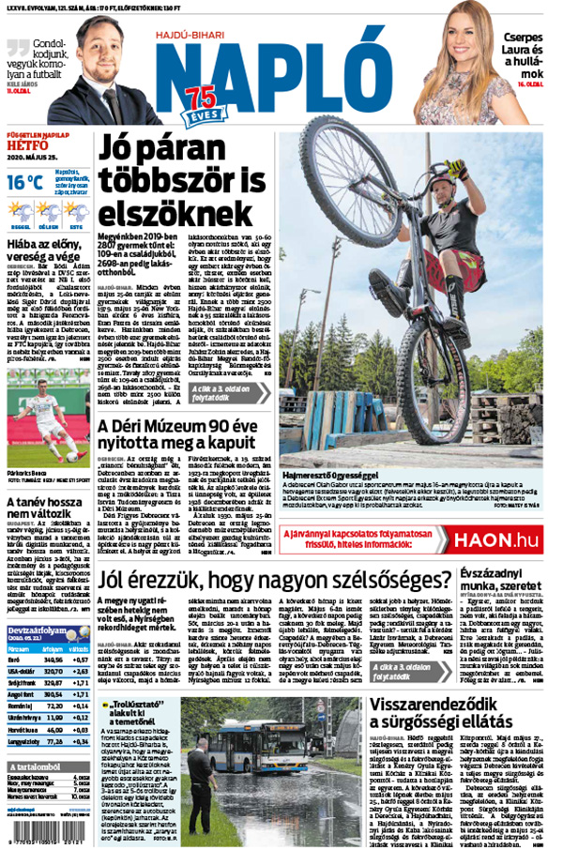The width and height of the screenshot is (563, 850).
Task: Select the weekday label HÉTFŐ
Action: click(x=27, y=146)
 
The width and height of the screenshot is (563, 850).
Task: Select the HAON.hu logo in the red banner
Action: click(x=495, y=539)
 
